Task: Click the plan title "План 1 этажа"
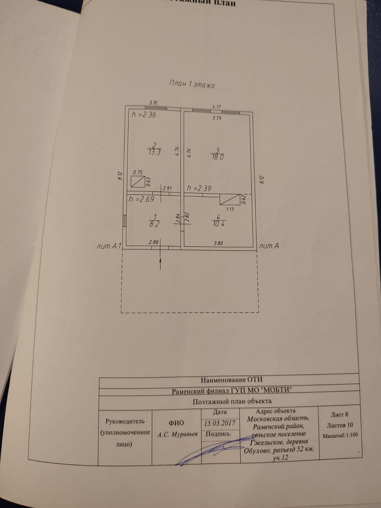pos(192,84)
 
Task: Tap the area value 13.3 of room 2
pos(154,152)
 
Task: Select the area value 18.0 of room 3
pos(218,157)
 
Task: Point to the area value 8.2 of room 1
pos(154,224)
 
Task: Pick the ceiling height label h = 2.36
pos(144,115)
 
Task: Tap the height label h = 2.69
pos(142,199)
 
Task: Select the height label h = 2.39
pos(199,188)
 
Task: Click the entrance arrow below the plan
pos(160,263)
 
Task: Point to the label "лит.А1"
pos(109,246)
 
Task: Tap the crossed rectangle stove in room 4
pos(230,199)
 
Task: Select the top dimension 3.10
pos(153,103)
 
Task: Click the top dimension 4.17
pos(217,107)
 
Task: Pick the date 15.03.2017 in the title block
pos(220,423)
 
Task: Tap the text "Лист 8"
pos(339,414)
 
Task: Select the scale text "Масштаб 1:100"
pos(340,435)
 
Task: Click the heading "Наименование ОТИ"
pos(231,380)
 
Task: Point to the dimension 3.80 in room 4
pos(218,243)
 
